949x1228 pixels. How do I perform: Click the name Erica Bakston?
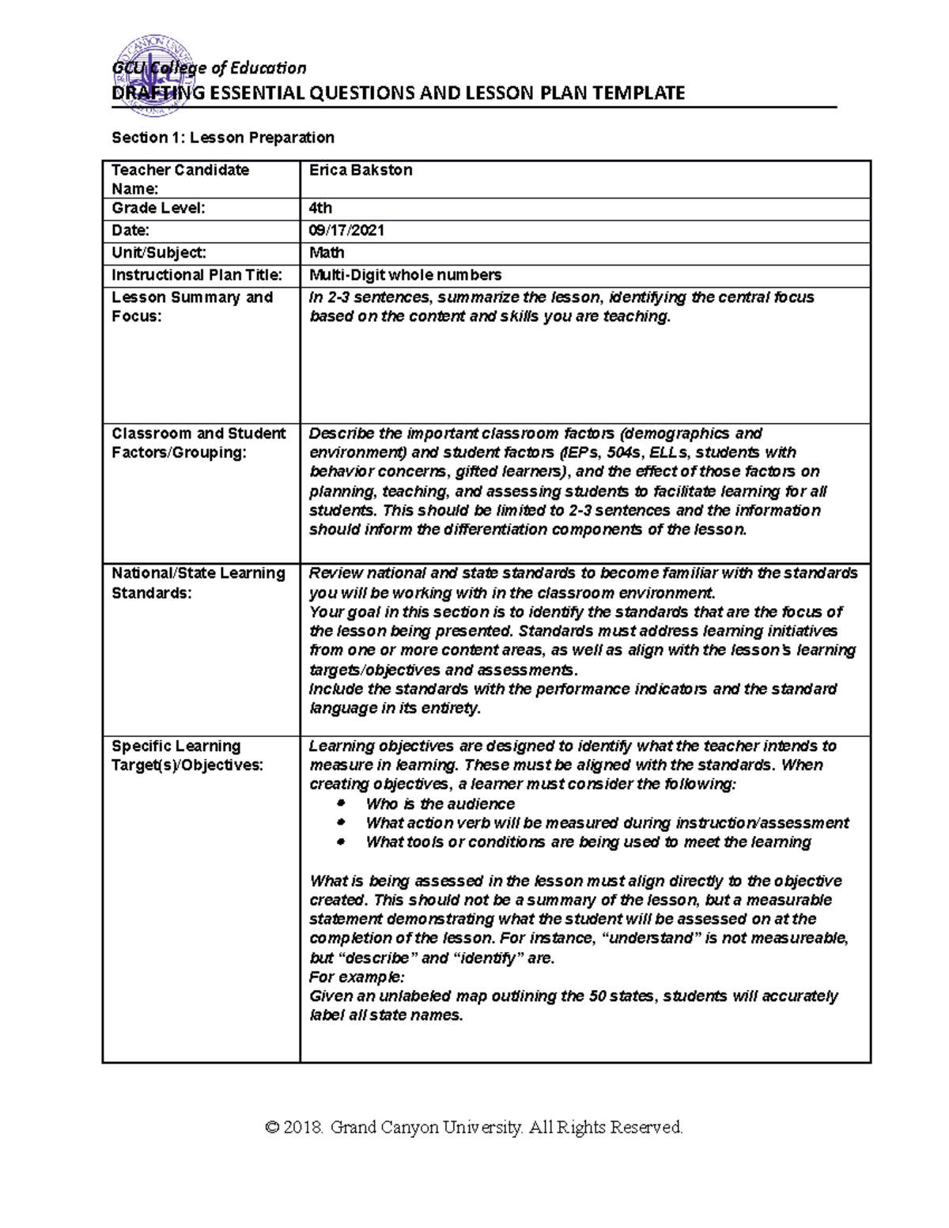(361, 170)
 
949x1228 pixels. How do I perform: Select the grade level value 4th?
(320, 209)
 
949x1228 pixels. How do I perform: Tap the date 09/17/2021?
(346, 231)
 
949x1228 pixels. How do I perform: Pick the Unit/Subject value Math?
(327, 253)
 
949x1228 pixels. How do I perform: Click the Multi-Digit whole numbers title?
(405, 275)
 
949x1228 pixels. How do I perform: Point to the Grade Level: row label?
(158, 209)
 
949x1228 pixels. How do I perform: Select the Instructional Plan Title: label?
(196, 275)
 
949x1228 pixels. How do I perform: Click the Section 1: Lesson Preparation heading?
(223, 138)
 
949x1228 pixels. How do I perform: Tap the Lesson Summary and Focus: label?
(191, 307)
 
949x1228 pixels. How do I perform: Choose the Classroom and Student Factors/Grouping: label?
(198, 443)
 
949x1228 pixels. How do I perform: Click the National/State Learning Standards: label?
(198, 583)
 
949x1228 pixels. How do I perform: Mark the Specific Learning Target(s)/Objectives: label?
(187, 755)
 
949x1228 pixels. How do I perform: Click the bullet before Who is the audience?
(342, 803)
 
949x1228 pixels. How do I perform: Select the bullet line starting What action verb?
(607, 823)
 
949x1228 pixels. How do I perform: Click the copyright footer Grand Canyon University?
(475, 1127)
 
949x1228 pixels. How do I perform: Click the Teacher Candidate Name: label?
(180, 179)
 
